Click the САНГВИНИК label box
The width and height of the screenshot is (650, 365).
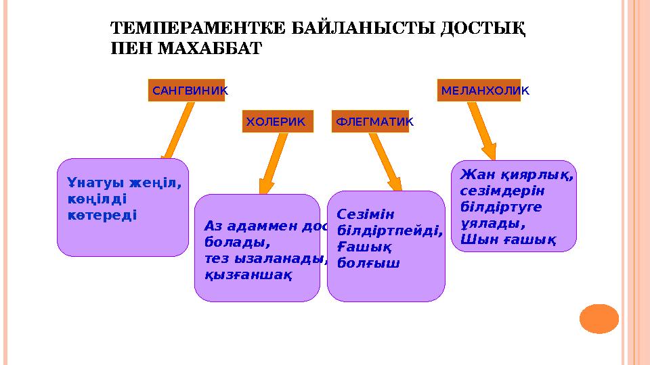pyautogui.click(x=187, y=90)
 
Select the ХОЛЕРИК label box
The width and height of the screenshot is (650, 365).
pyautogui.click(x=278, y=122)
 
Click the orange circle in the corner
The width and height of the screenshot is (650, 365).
pyautogui.click(x=599, y=318)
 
